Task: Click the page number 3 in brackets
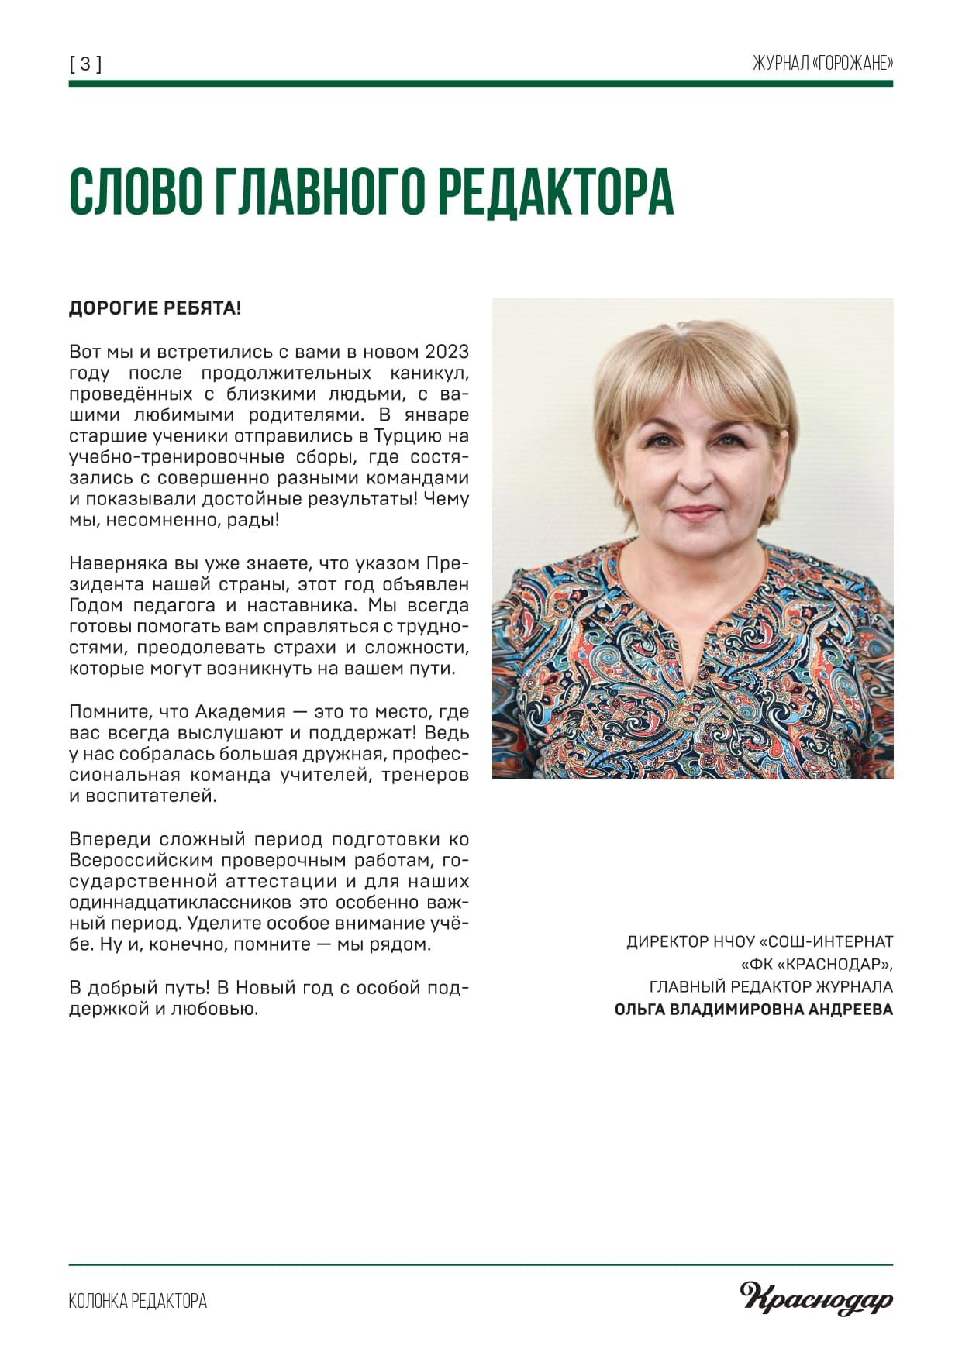pos(85,64)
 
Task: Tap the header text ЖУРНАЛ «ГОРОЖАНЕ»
pos(822,64)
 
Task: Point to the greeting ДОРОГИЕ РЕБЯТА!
pos(155,308)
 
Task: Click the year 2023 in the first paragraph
pos(447,352)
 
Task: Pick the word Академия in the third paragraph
pos(239,711)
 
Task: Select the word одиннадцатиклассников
pos(181,903)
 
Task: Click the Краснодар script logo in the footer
pos(816,1299)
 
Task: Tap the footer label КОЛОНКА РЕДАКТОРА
pos(138,1301)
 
